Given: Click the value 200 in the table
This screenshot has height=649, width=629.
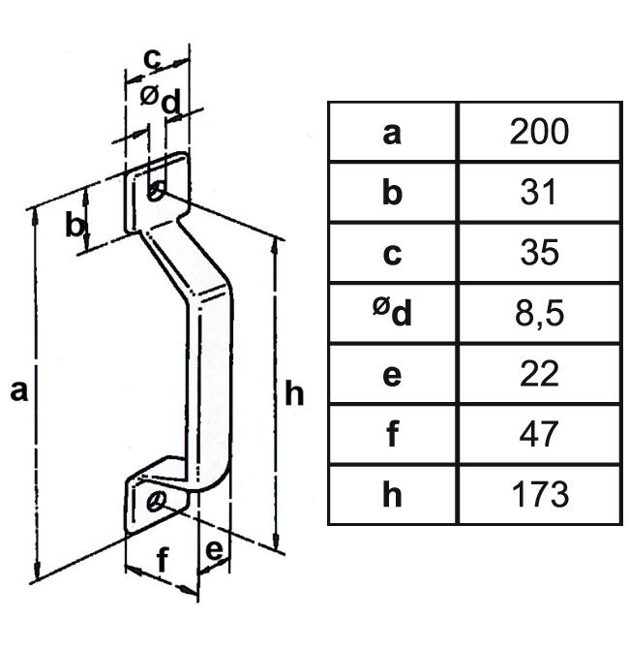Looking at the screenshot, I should (x=540, y=132).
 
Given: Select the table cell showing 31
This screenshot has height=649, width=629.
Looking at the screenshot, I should (x=540, y=192).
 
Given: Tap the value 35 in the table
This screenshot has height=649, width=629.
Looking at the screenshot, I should (x=540, y=253).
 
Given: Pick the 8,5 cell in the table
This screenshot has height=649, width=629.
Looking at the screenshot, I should (x=540, y=314).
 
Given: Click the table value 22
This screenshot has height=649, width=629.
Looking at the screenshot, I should (x=540, y=374).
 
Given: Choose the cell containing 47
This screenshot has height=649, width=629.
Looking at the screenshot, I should (x=540, y=434).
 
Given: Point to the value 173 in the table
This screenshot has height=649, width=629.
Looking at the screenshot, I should (x=540, y=495).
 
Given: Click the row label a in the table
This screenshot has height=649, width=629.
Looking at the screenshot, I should (x=391, y=132).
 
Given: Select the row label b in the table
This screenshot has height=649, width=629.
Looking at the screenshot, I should (x=391, y=192).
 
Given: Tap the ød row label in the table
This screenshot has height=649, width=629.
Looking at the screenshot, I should (x=391, y=312).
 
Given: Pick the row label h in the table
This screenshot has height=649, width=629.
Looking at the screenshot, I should (x=391, y=495).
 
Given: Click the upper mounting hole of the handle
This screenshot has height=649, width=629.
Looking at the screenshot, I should (x=156, y=191).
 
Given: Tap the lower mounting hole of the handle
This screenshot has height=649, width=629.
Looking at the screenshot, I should (x=156, y=501).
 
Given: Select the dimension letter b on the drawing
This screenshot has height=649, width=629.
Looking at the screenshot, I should (x=75, y=226).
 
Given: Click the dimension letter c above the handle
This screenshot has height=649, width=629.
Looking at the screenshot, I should (x=152, y=59).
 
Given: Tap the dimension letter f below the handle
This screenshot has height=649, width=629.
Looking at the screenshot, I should (x=162, y=559).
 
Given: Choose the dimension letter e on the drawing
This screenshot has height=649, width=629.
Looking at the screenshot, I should (x=215, y=549).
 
